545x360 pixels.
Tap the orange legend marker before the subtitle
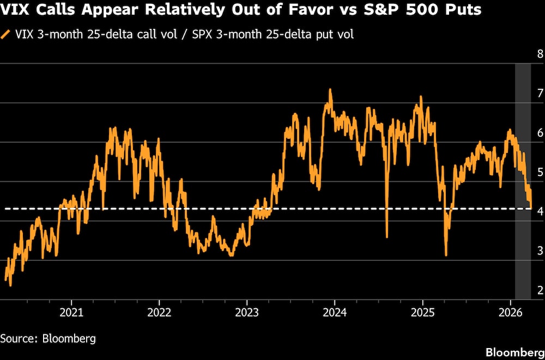pos(6,35)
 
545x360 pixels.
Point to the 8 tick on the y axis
pos(540,54)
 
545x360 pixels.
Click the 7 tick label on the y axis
pos(540,93)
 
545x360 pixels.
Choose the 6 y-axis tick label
pos(540,132)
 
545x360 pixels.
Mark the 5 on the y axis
pos(540,172)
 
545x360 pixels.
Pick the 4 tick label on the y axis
pos(540,211)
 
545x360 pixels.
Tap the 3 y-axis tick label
pos(540,251)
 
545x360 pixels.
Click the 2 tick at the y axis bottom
pos(540,290)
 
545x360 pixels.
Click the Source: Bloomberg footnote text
pos(48,339)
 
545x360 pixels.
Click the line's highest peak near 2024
pos(330,90)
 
